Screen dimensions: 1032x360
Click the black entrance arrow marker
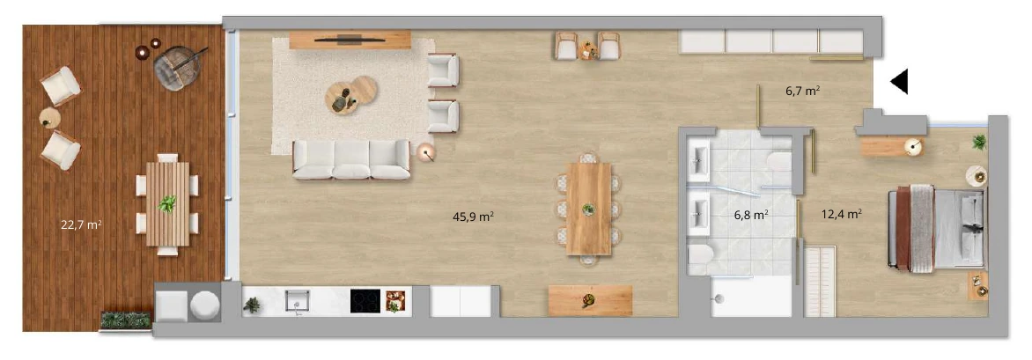tap(901, 82)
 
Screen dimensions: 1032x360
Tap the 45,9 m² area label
tap(473, 216)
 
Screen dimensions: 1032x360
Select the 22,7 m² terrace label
tap(81, 224)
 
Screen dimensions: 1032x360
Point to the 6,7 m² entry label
tap(802, 92)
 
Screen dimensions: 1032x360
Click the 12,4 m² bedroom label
tap(842, 213)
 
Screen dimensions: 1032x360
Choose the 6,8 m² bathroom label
tap(752, 215)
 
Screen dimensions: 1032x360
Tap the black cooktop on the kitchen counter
tap(365, 301)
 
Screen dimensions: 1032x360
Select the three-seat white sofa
tap(351, 159)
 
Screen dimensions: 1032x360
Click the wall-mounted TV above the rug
tap(350, 40)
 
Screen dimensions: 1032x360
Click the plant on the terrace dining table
tap(167, 204)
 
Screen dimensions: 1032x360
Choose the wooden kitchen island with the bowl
tap(590, 300)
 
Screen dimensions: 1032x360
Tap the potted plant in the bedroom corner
tap(979, 142)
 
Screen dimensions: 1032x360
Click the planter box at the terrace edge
tap(127, 320)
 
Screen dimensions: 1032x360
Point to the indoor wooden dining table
tap(589, 209)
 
